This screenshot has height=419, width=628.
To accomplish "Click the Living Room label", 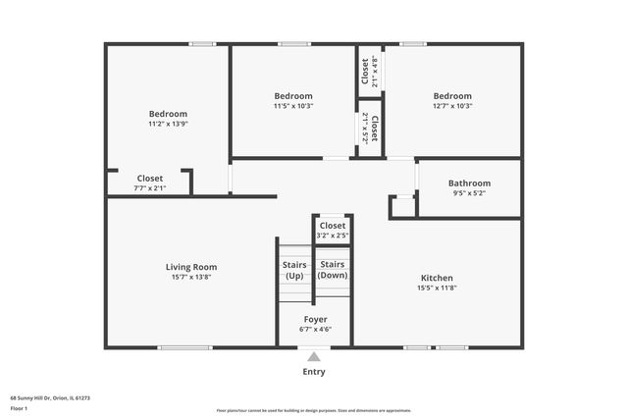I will pyautogui.click(x=191, y=267).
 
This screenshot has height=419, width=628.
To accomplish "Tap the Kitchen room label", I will pyautogui.click(x=437, y=277).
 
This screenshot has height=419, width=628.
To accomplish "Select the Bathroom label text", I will pyautogui.click(x=469, y=183).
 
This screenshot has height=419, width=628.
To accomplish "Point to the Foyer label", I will pyautogui.click(x=315, y=319).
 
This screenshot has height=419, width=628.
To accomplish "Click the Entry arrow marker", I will pyautogui.click(x=314, y=356).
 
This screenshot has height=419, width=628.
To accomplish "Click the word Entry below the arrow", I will pyautogui.click(x=314, y=372).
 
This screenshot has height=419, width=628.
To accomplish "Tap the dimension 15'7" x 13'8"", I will pyautogui.click(x=191, y=278).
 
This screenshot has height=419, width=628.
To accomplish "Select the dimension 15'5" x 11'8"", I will pyautogui.click(x=437, y=288).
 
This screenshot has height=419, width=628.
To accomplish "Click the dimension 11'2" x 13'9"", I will pyautogui.click(x=168, y=125).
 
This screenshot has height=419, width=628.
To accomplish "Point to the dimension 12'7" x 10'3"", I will pyautogui.click(x=452, y=106).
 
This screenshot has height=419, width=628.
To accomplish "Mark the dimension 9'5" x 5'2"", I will pyautogui.click(x=469, y=193).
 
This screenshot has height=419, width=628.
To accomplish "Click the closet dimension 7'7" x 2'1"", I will pyautogui.click(x=150, y=188).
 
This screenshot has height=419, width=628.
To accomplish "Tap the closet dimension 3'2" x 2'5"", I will pyautogui.click(x=333, y=236).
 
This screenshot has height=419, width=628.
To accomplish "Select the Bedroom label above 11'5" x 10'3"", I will pyautogui.click(x=293, y=95).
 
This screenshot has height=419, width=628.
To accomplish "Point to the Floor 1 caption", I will pyautogui.click(x=19, y=408).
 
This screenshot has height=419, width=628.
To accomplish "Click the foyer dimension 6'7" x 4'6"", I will pyautogui.click(x=315, y=330).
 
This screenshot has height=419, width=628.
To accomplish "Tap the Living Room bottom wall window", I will pyautogui.click(x=184, y=347).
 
